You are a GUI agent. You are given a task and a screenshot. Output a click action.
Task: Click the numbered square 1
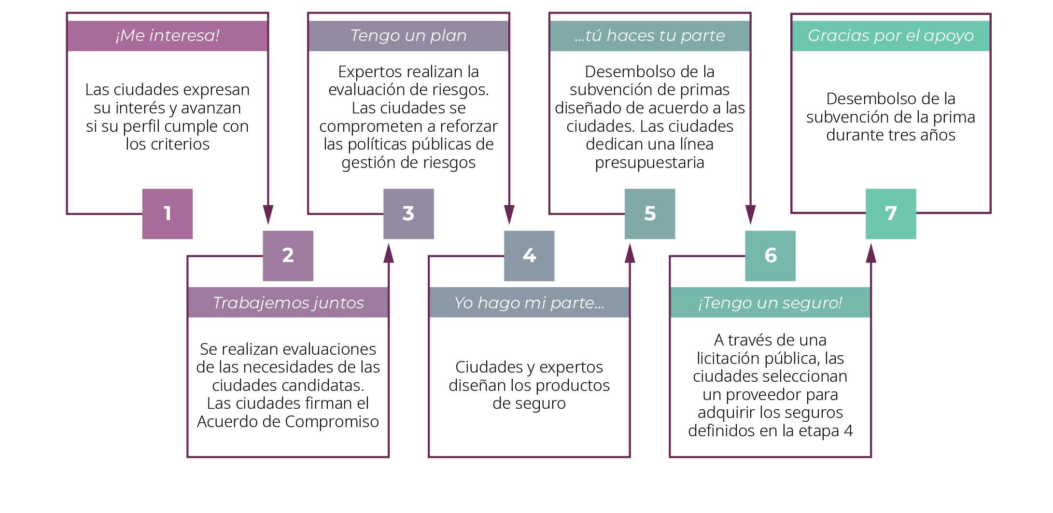tap(167, 214)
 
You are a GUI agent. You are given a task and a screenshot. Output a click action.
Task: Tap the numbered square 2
tap(288, 256)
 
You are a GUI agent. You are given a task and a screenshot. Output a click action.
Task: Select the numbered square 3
tap(408, 214)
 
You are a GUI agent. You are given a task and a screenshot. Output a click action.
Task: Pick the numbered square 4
tap(529, 256)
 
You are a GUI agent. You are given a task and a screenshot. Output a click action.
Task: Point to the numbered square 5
tap(650, 214)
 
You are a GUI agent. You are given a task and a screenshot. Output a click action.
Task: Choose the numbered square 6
tap(770, 256)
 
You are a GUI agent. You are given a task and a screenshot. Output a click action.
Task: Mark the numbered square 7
tap(891, 214)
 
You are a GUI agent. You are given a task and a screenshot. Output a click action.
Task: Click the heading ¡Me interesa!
tap(168, 36)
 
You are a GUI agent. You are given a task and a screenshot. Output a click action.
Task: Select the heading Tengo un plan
tap(408, 36)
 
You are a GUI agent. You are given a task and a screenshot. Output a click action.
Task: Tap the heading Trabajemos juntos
tap(288, 303)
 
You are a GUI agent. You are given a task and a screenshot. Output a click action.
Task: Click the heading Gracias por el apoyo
tap(891, 36)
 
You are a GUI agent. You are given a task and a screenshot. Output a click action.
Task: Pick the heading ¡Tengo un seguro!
tap(770, 303)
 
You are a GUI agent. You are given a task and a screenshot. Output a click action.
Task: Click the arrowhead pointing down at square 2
tap(268, 215)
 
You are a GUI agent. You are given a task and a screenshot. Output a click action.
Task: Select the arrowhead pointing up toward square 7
tap(871, 253)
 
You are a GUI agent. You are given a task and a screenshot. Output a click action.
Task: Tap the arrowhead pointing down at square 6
tap(750, 215)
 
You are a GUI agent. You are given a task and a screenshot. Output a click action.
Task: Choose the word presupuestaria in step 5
tap(649, 163)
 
